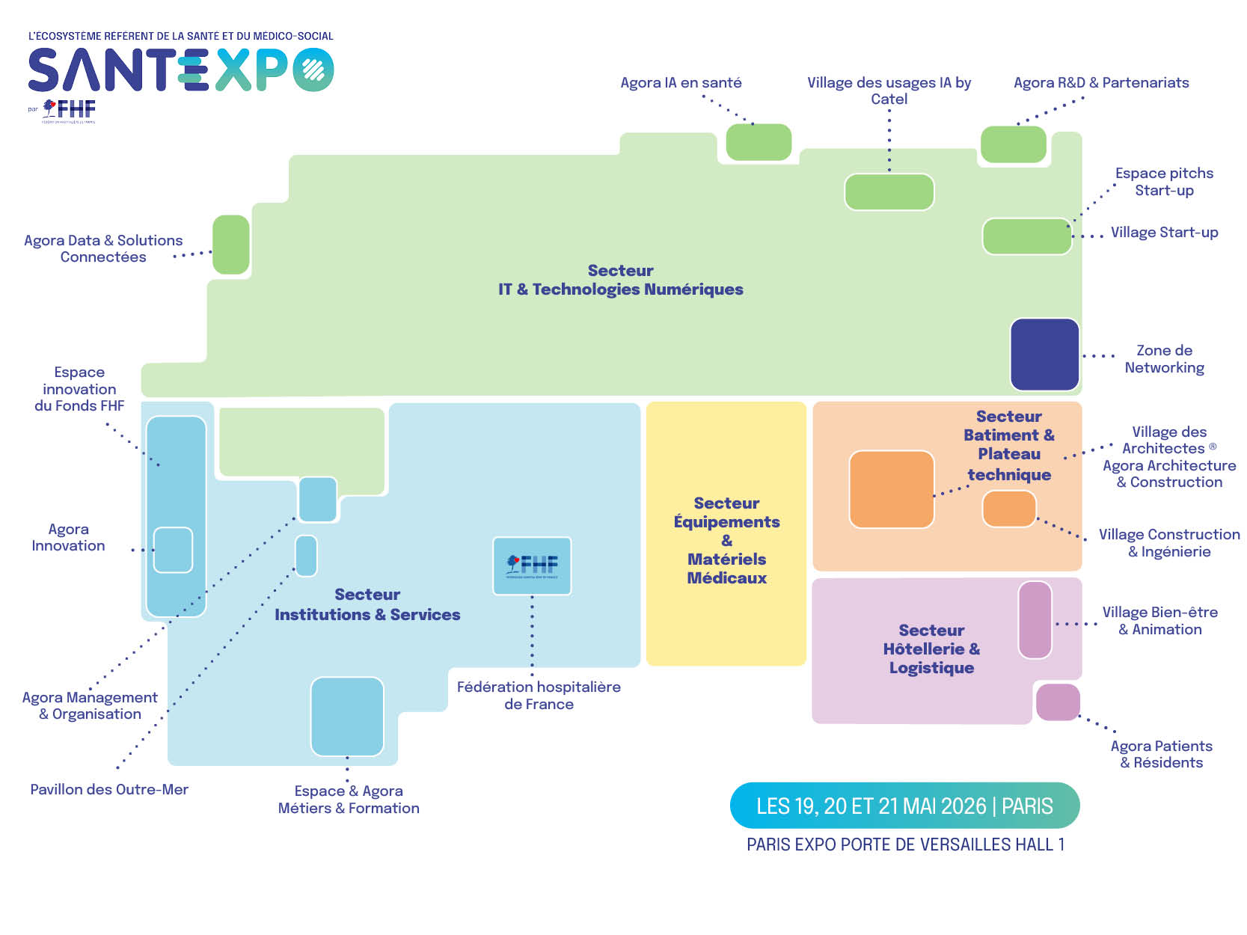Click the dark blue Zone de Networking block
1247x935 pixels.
[x=1044, y=355]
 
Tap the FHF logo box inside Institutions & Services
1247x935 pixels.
[x=532, y=565]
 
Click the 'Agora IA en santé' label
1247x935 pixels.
[x=681, y=82]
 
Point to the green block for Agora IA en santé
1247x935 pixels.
[x=759, y=142]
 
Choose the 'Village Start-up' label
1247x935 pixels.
[x=1164, y=233]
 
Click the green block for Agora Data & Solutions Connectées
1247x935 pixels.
[x=231, y=245]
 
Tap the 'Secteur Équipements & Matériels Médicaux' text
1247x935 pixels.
[x=726, y=540]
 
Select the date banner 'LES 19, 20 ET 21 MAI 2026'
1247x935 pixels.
[x=904, y=806]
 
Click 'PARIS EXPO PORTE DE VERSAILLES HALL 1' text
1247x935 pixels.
[x=905, y=844]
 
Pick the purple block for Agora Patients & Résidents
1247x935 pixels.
[x=1058, y=702]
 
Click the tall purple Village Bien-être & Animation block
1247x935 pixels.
[x=1035, y=620]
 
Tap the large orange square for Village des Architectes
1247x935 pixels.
[x=892, y=489]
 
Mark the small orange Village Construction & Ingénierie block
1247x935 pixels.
[x=1009, y=509]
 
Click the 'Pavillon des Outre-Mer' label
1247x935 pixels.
[x=109, y=789]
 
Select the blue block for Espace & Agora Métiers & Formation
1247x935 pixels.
[x=347, y=717]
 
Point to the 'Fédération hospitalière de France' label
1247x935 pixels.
[x=539, y=695]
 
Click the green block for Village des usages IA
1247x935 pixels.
[x=889, y=192]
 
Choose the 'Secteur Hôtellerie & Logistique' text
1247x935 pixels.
[x=931, y=649]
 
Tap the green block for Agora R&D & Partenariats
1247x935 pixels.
[x=1013, y=144]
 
